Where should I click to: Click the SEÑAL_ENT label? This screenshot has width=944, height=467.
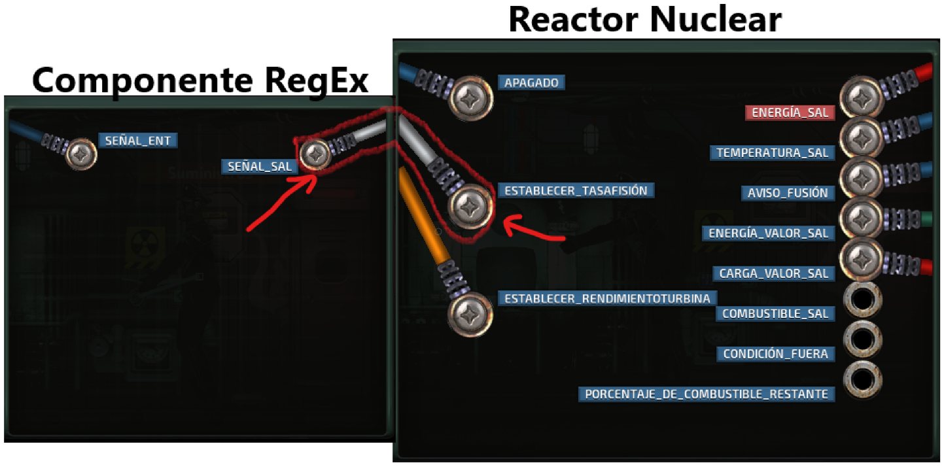(138, 140)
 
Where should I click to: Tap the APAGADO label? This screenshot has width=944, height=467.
(531, 83)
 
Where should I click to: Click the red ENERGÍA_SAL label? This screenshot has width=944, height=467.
(790, 112)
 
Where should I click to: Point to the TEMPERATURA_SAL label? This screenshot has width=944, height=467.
(773, 153)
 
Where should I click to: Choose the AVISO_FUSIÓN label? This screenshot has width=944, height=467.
(788, 193)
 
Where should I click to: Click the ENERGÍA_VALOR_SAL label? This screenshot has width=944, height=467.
(768, 233)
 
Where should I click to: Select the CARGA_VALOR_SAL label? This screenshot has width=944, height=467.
(773, 273)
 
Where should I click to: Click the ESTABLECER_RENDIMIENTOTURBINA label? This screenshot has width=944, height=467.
(606, 299)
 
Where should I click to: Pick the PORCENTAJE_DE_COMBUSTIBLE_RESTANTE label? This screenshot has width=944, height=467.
(707, 394)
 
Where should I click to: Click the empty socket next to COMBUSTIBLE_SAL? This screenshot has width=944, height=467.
(862, 300)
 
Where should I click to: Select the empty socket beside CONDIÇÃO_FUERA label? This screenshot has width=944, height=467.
(862, 339)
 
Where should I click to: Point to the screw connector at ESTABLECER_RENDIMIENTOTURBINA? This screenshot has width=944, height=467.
(470, 313)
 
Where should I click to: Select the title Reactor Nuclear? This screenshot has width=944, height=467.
(644, 20)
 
